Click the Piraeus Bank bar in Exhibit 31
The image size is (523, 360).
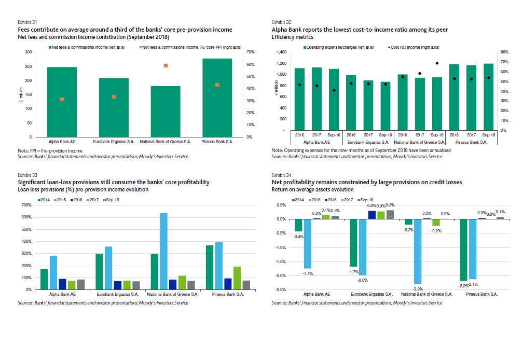(217, 98)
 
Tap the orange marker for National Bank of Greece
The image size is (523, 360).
(166, 65)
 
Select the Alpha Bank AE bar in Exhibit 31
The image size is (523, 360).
(62, 102)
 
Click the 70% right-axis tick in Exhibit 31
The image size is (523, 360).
(250, 52)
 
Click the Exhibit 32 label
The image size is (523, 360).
(281, 22)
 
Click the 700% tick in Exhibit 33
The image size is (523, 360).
(26, 205)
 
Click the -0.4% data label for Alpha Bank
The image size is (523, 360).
(298, 236)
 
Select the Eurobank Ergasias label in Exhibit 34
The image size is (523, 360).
(370, 294)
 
